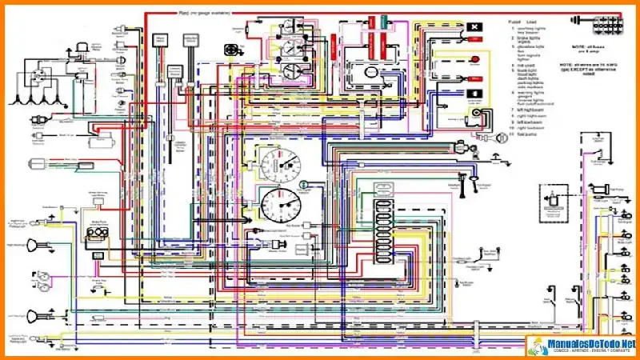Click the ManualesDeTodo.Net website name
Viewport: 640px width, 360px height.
tap(588, 343)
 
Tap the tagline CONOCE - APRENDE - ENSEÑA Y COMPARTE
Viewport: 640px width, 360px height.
tap(588, 352)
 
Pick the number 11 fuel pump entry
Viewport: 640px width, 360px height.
tap(530, 135)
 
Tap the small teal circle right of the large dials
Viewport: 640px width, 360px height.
tap(304, 185)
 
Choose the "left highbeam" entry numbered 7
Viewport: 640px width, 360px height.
tap(533, 108)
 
